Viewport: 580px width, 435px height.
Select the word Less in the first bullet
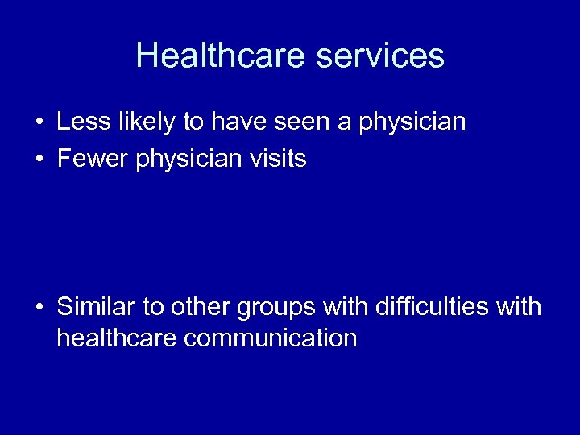point(79,122)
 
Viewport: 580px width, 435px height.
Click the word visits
point(276,159)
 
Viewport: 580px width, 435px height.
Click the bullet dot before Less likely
point(39,123)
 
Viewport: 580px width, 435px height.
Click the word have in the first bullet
point(234,122)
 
